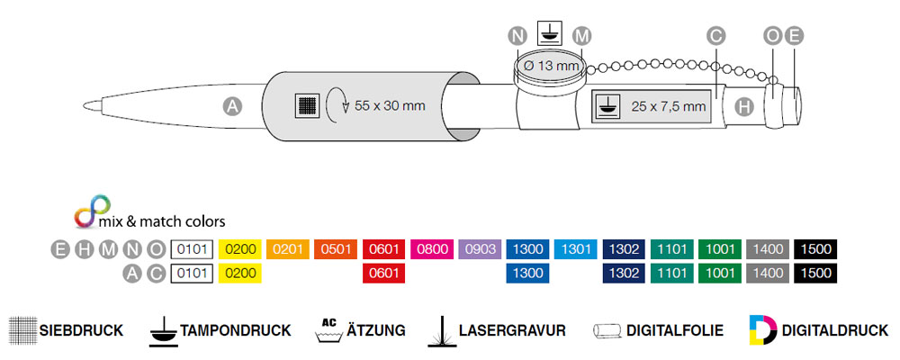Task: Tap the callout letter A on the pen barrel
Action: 232,106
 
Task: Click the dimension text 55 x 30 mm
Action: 390,105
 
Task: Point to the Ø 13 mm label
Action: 551,66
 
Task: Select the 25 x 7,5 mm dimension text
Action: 668,106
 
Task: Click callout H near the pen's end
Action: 743,106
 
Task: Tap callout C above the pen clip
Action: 716,36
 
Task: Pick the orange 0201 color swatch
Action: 288,249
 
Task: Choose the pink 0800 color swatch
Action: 432,249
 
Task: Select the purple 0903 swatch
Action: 480,249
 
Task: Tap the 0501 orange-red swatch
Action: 336,249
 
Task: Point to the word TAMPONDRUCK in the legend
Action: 236,330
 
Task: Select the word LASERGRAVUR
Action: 511,330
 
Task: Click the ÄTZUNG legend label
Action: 375,330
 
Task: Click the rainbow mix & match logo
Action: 86,216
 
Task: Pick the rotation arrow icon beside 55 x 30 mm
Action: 337,104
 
